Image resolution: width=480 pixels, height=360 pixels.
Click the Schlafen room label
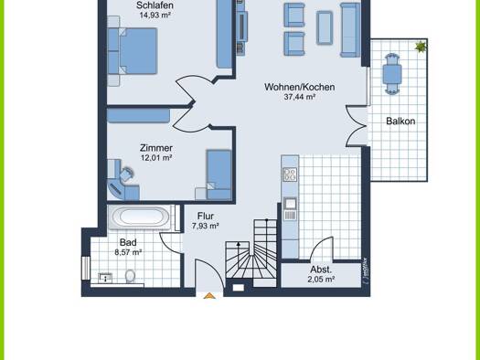tap(155, 5)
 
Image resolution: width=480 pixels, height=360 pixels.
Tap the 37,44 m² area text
tap(299, 97)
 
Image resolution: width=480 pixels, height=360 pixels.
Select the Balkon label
tap(400, 122)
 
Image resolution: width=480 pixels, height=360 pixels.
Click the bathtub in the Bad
tap(140, 217)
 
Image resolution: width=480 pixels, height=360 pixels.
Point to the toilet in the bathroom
tap(130, 276)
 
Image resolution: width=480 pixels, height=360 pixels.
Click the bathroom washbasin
tap(105, 278)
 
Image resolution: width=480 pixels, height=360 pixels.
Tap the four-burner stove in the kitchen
tap(290, 175)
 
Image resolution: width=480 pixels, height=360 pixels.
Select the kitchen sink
tap(290, 204)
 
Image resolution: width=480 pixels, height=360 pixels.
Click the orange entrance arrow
tap(209, 296)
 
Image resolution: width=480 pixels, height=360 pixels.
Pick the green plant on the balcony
tap(421, 47)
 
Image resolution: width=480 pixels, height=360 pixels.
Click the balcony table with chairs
tap(392, 74)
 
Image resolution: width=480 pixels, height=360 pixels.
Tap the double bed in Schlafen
tap(133, 51)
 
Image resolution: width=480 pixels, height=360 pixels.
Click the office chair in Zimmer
tap(126, 175)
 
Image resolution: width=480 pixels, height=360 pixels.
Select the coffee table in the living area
tap(325, 27)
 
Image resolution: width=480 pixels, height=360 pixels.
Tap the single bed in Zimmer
tap(219, 175)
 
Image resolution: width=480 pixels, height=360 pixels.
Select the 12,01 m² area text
tap(156, 158)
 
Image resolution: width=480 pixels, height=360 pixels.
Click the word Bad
tap(128, 242)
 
